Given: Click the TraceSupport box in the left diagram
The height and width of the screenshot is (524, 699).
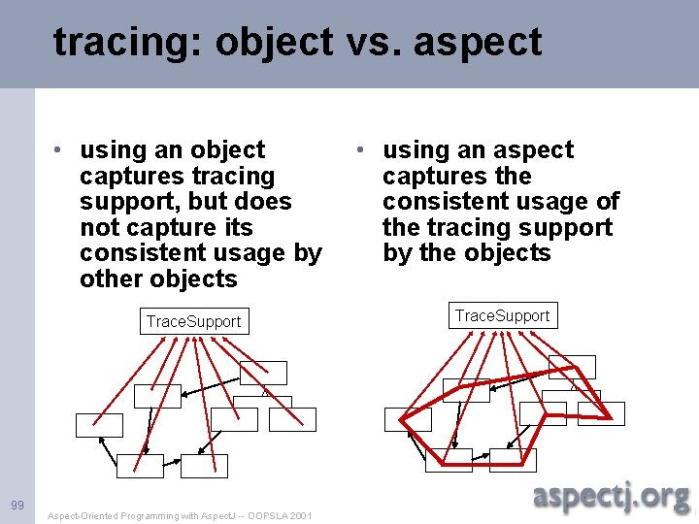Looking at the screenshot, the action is click(x=193, y=321).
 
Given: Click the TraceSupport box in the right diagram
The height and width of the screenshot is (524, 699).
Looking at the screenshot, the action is click(x=502, y=315).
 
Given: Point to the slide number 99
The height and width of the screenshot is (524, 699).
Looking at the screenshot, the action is click(x=17, y=505).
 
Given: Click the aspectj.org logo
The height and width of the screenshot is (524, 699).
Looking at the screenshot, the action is click(x=611, y=497).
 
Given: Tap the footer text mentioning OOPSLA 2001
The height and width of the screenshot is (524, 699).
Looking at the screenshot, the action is click(x=180, y=515).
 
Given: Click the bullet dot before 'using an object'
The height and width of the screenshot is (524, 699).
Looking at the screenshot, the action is click(x=60, y=150).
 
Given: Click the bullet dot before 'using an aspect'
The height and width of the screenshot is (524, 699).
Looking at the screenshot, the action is click(x=360, y=150).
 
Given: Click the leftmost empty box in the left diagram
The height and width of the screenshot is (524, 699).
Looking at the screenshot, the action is click(x=100, y=425).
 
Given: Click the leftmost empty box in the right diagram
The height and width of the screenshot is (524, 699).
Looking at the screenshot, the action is click(x=407, y=419).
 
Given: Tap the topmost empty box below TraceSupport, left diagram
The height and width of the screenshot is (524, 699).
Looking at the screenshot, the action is click(x=264, y=373).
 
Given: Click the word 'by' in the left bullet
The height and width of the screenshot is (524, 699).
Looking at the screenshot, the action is click(x=307, y=253).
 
